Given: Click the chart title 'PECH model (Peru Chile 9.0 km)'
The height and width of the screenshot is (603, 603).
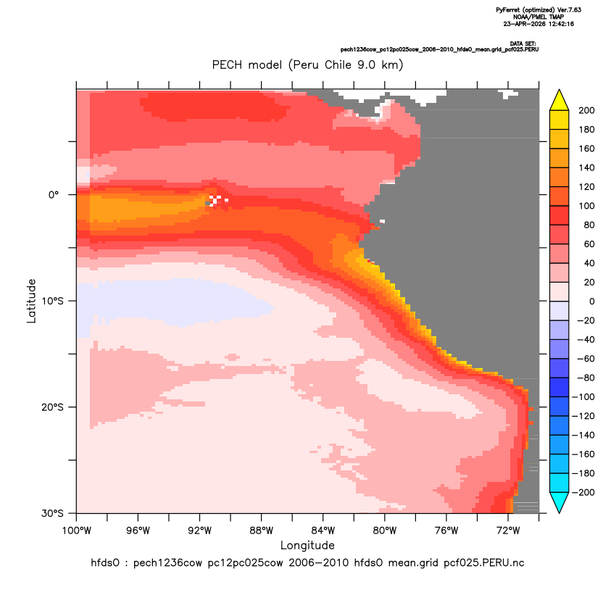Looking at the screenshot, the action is (x=307, y=65).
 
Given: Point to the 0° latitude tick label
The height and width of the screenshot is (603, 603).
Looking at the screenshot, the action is (x=54, y=194).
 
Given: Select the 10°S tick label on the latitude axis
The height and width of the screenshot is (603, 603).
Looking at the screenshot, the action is (x=53, y=301).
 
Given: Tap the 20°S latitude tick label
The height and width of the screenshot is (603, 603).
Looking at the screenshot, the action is (x=53, y=407).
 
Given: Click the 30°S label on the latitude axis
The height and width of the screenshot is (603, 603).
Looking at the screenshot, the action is (x=53, y=513).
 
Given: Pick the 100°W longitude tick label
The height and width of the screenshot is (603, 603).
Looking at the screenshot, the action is (x=77, y=531).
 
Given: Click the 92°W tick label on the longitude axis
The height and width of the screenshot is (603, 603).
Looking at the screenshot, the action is (x=199, y=531).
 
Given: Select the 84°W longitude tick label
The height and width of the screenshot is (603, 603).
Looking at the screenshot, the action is (x=323, y=531).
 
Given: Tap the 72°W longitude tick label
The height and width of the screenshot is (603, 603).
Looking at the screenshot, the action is (x=508, y=531).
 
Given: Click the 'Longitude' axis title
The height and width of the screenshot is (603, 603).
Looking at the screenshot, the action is (x=307, y=545).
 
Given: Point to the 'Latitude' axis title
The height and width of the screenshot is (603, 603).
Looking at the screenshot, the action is (x=31, y=301).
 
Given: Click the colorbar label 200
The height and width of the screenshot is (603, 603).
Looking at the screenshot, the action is (x=586, y=110).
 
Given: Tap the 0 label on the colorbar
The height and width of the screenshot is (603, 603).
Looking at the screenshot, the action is (x=592, y=301).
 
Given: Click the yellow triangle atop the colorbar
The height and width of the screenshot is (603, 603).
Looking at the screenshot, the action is (x=560, y=100).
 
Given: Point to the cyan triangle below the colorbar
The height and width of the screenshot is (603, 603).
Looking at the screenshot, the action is (x=560, y=502).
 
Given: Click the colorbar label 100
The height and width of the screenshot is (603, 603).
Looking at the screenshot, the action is (x=586, y=206).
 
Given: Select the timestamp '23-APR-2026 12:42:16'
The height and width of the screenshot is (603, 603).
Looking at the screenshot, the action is (x=538, y=24).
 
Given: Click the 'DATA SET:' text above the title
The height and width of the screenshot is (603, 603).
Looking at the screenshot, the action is (x=523, y=43).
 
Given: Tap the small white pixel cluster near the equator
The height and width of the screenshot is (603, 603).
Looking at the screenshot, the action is (x=217, y=200).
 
